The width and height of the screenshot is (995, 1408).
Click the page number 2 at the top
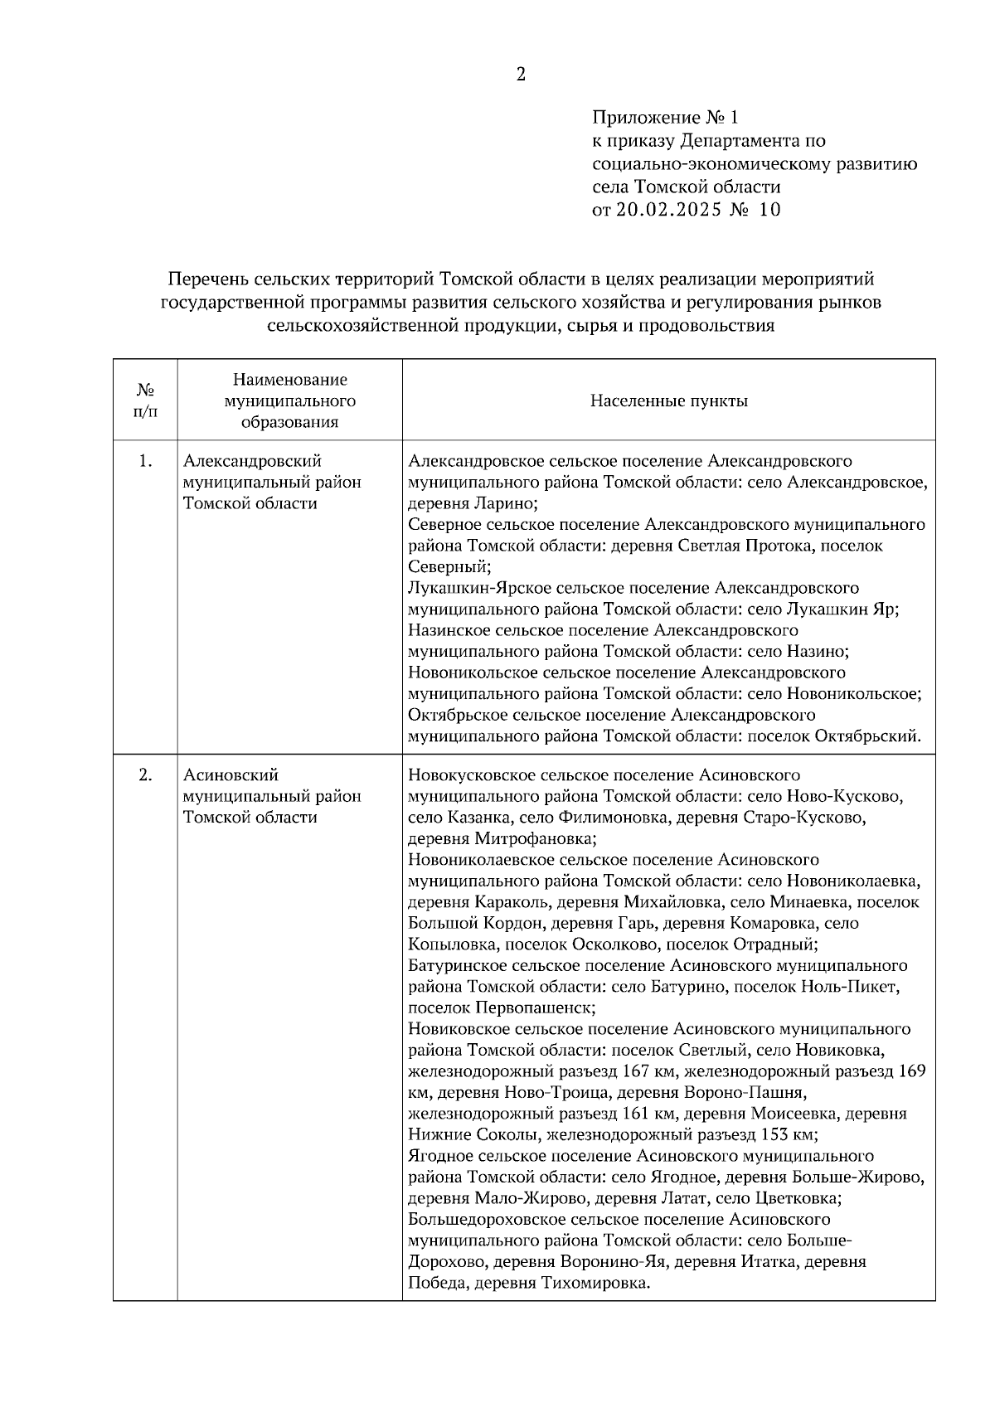521,75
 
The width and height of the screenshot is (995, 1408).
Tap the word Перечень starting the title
208,279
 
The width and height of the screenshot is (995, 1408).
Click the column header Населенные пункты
668,401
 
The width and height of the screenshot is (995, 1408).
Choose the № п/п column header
145,401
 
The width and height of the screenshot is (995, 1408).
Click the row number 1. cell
145,462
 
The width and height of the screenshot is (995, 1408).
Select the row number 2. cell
145,775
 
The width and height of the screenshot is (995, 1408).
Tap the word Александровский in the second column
252,461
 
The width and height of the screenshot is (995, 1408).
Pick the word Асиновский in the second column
231,775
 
